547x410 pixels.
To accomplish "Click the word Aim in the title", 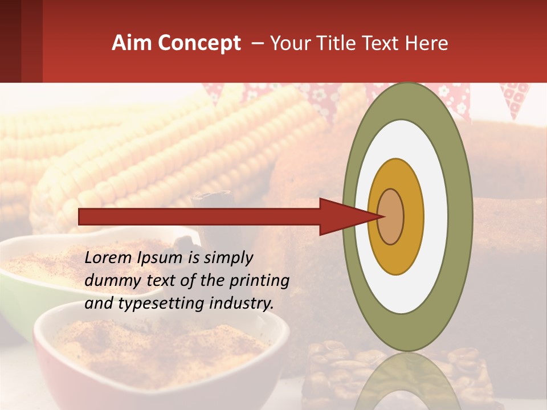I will tap(131, 43).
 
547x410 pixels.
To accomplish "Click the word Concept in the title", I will tap(197, 43).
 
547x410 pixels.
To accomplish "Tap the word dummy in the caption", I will tap(108, 281).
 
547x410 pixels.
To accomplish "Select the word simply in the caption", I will tap(228, 258).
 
